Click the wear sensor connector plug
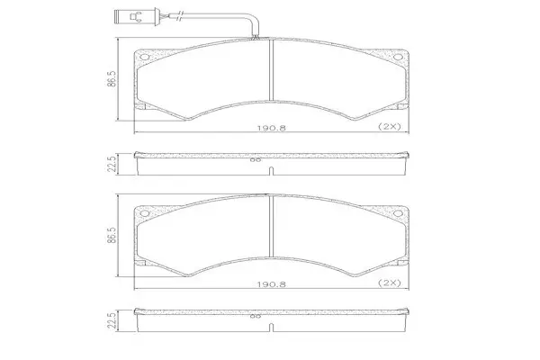point(136,16)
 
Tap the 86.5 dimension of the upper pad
point(112,79)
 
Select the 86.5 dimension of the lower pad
point(112,235)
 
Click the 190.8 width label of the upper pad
point(272,128)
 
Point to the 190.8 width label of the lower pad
point(272,284)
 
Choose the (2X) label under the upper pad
point(390,126)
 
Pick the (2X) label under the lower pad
point(390,283)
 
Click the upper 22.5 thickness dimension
point(112,164)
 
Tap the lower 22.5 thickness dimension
point(112,320)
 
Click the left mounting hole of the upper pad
point(145,58)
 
